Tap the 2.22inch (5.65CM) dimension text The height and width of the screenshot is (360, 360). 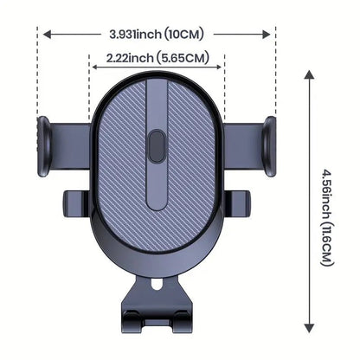tap(157, 58)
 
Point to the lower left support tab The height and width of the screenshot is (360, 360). tap(76, 203)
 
